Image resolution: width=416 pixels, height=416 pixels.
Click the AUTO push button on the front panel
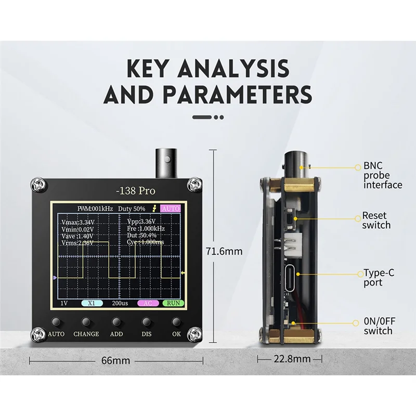tap(56, 322)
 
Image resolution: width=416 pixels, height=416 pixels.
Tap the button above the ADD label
tap(116, 322)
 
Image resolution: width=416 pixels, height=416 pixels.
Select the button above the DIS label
tap(146, 322)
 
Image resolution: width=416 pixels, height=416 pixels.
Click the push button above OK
tap(176, 322)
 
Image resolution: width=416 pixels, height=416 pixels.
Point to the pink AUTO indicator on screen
tap(171, 209)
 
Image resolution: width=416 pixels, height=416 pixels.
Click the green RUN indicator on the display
tap(173, 303)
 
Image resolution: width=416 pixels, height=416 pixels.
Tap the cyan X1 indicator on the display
tap(92, 303)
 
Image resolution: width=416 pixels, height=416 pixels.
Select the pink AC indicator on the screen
tap(148, 303)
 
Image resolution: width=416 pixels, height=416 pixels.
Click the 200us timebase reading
tap(120, 303)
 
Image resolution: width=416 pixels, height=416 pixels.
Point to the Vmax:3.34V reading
tap(77, 222)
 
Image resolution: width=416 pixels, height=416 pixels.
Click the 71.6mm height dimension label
tap(224, 251)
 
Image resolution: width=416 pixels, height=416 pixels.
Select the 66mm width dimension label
tap(115, 360)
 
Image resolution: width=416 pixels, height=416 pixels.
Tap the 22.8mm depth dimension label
tap(292, 359)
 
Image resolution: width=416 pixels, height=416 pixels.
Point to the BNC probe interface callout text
tap(383, 175)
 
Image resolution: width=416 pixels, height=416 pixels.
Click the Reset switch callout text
tap(376, 220)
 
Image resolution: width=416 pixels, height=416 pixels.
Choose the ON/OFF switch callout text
tap(380, 326)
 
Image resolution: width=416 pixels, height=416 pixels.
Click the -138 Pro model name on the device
tap(136, 191)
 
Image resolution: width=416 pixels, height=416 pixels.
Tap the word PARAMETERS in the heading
tap(237, 95)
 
